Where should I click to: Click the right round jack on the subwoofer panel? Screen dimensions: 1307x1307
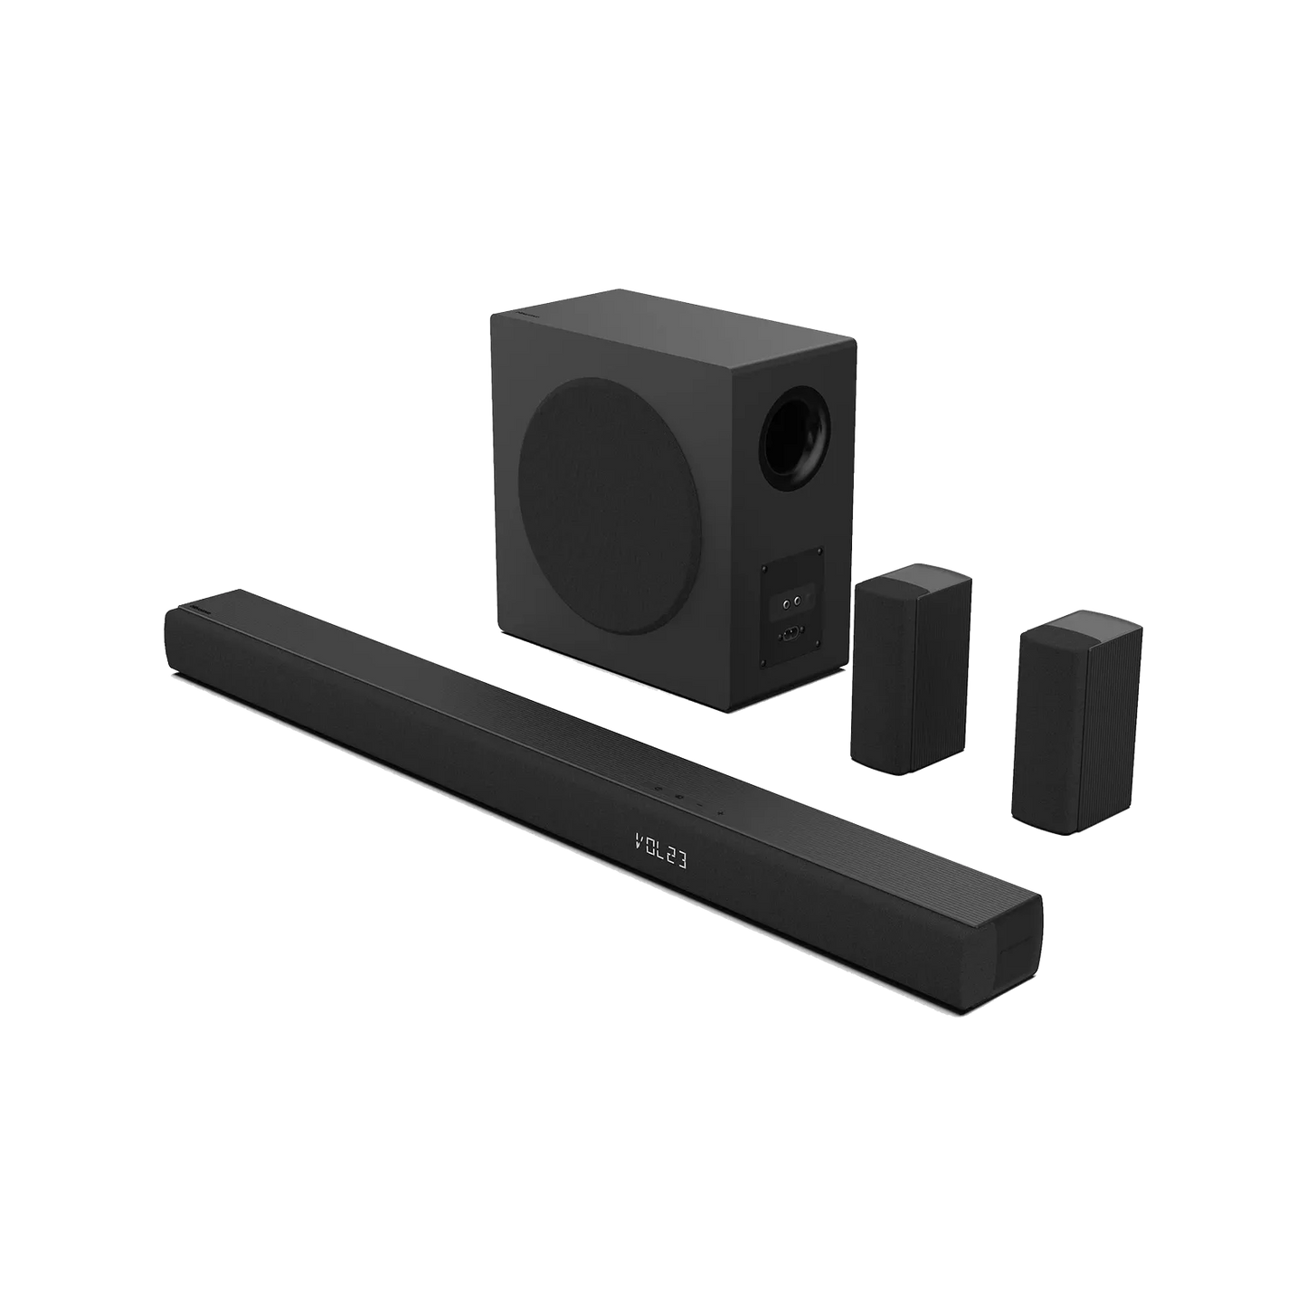pos(798,600)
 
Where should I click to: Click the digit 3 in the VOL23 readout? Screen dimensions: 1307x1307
pos(679,861)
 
